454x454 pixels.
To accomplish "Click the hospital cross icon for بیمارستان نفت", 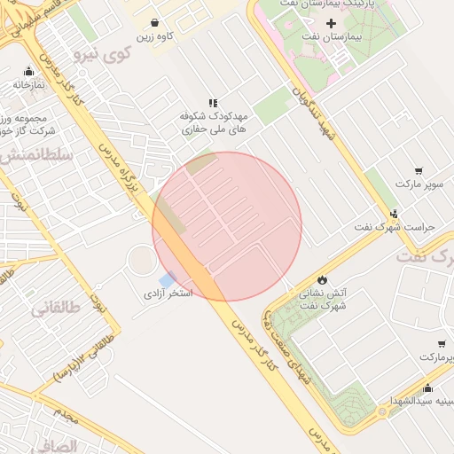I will (332, 22).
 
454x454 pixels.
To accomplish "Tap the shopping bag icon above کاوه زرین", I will (155, 23).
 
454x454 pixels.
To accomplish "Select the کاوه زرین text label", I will (154, 37).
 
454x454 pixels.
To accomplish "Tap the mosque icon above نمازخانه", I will (28, 72).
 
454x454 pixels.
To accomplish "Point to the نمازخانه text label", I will (29, 85).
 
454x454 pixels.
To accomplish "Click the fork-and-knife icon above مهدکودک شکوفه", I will (212, 103).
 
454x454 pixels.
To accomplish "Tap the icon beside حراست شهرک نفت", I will (394, 213).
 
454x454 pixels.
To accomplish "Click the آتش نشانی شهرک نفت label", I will (321, 298).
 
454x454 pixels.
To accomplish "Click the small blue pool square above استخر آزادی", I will (167, 278).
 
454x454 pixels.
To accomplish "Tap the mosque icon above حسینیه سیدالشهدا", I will (427, 387).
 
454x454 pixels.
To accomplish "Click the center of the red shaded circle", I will (227, 226).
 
